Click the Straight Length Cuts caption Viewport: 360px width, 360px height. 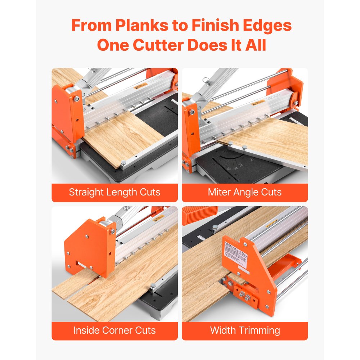point(114,192)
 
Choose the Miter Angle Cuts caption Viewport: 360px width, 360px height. point(244,192)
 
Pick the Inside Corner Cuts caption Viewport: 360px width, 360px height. point(114,330)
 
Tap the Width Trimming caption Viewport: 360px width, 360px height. point(244,330)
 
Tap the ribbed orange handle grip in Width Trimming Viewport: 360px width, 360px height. point(198,215)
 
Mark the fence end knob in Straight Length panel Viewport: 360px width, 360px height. point(123,164)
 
